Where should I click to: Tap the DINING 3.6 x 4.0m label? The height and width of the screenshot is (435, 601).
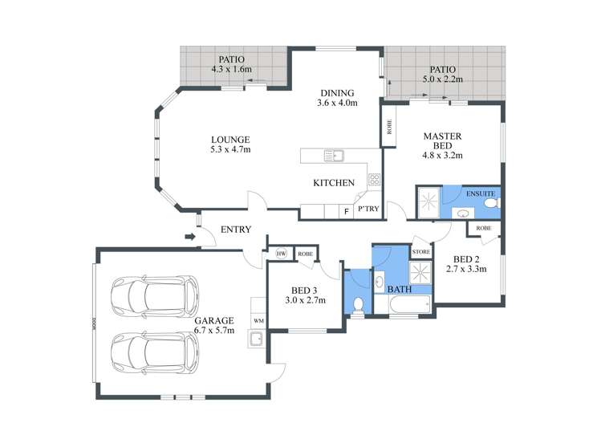pyautogui.click(x=337, y=97)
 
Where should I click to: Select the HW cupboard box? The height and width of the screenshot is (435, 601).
pyautogui.click(x=281, y=254)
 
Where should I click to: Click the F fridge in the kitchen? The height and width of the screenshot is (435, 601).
pyautogui.click(x=346, y=211)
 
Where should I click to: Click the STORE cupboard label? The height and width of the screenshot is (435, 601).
pyautogui.click(x=420, y=252)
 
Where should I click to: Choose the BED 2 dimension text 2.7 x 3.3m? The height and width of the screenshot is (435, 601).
pyautogui.click(x=467, y=270)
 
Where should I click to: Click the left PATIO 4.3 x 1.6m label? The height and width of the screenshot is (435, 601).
pyautogui.click(x=231, y=64)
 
